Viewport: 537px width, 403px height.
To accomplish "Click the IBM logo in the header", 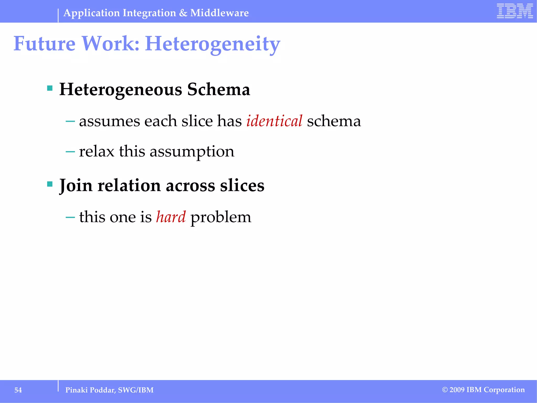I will pos(515,11).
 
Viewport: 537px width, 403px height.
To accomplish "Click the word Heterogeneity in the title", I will pos(213,44).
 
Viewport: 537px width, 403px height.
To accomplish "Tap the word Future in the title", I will pos(44,44).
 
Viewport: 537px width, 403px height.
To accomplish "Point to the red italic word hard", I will pos(171,217).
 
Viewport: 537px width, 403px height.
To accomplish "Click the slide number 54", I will pos(18,390).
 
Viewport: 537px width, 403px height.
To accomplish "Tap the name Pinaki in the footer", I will pos(76,390).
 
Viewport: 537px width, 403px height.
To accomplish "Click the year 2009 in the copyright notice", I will pos(457,390).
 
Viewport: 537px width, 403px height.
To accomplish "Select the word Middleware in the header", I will pos(219,13).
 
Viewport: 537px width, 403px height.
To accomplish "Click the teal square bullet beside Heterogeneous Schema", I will pos(50,88).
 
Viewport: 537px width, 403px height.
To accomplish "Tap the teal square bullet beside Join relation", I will pos(50,184).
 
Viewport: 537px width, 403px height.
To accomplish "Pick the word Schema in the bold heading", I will pos(219,89).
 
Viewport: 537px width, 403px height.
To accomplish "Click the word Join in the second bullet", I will pos(76,185).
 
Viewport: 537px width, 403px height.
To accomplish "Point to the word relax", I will pos(96,151).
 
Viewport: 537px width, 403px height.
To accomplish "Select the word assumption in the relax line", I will pos(192,152).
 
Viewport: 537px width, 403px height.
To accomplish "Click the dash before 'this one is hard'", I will pos(70,217).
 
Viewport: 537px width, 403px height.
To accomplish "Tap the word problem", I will pos(221,218).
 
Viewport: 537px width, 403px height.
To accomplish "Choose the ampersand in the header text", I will pos(183,13).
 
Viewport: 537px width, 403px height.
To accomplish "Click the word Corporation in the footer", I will pos(504,390).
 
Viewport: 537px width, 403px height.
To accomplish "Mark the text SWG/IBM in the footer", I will pos(136,390).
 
